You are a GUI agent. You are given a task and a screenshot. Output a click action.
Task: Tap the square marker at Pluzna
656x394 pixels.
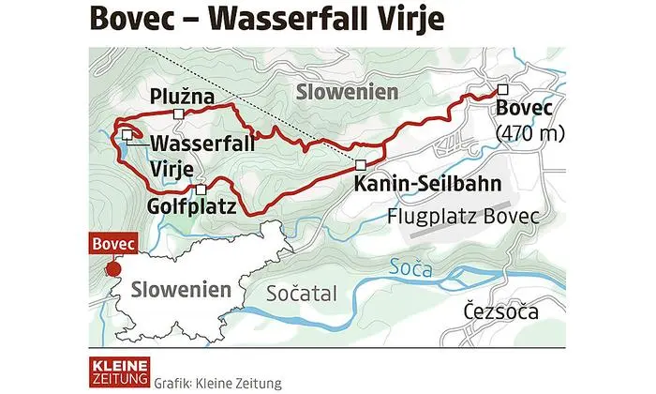[x=177, y=114]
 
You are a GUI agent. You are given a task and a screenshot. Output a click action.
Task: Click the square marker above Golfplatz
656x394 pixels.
[x=201, y=189]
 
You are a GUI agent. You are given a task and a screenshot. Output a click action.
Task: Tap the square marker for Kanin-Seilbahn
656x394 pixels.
[x=361, y=165]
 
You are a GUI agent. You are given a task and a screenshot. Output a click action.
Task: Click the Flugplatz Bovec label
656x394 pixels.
[x=464, y=217]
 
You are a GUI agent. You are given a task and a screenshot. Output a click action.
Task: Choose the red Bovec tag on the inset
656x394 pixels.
[x=112, y=245]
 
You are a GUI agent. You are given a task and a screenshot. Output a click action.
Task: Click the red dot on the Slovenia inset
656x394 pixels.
[x=113, y=269]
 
